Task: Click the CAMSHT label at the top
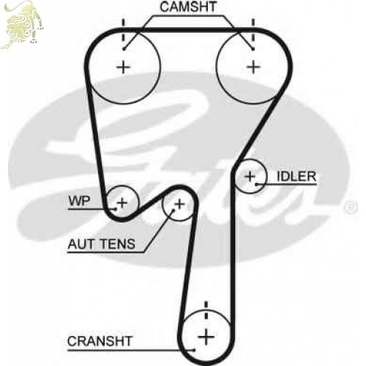(x=188, y=7)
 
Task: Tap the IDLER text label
(x=296, y=176)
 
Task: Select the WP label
(x=80, y=201)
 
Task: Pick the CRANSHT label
(x=100, y=341)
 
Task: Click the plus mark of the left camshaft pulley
(x=124, y=67)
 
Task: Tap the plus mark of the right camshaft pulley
(x=253, y=67)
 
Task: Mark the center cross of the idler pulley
(x=250, y=176)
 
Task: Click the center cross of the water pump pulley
(x=122, y=203)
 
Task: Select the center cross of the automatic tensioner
(x=180, y=204)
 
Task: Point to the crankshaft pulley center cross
(x=206, y=337)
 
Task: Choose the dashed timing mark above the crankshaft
(x=206, y=310)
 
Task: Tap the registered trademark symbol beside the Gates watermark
(x=351, y=208)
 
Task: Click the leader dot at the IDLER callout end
(x=256, y=184)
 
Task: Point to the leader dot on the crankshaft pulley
(x=194, y=350)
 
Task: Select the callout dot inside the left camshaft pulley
(x=124, y=49)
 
